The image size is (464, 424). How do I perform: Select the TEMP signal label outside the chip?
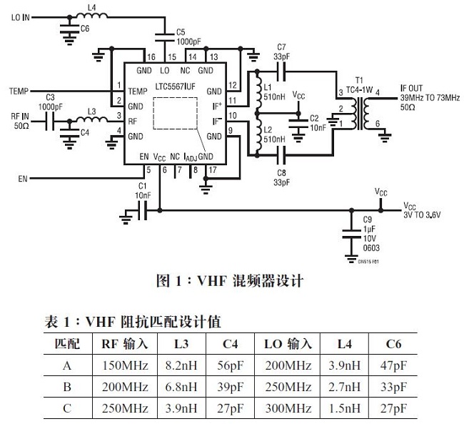(x=19, y=92)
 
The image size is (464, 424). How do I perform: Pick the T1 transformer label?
(x=359, y=79)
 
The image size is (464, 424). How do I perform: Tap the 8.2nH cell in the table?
(x=181, y=366)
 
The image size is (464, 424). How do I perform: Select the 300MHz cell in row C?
(x=288, y=408)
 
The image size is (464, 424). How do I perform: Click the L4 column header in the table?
(x=347, y=345)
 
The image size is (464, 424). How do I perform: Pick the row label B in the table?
(x=67, y=388)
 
